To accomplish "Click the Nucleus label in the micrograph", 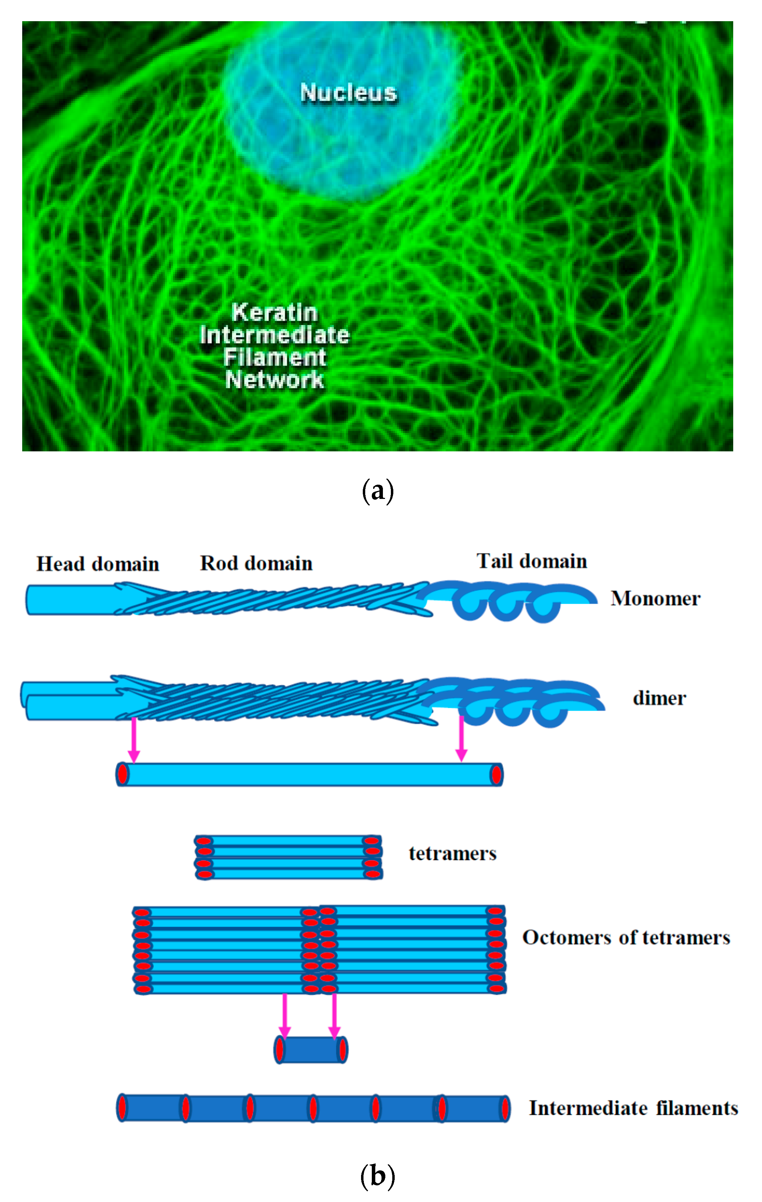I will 349,93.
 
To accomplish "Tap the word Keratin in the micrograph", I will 275,312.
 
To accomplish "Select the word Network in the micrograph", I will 275,380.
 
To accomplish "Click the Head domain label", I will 98,564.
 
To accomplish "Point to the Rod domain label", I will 256,563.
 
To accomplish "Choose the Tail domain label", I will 532,561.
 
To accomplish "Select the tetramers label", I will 452,853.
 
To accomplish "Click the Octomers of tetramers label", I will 626,937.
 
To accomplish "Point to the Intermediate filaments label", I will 633,1108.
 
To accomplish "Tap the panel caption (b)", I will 377,1176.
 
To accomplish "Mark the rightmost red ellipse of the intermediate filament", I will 505,1108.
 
